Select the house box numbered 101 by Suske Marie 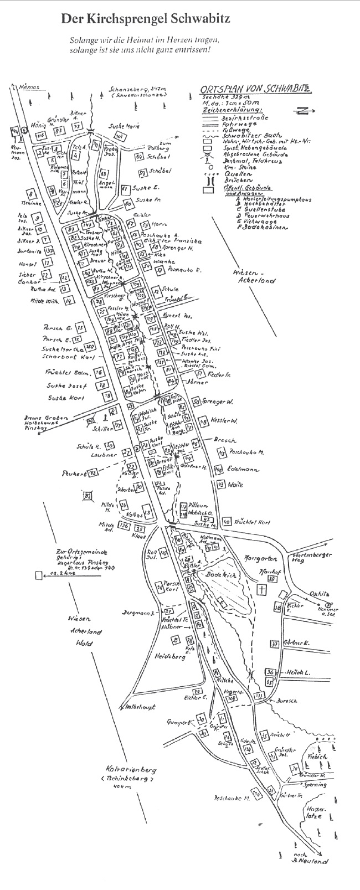[119, 136]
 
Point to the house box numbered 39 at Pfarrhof [272, 579]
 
